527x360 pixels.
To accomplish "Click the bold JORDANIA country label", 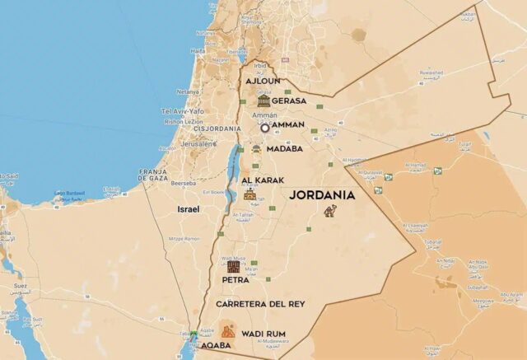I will [322, 195].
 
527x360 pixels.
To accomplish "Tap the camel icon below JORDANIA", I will [330, 212].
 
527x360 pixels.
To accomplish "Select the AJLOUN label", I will [263, 82].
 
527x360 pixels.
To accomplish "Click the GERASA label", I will [289, 101].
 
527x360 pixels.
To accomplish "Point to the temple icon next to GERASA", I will [263, 101].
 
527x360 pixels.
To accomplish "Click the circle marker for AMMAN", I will [265, 128].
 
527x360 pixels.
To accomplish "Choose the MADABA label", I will [284, 149].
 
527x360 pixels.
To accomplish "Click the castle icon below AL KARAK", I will [250, 194].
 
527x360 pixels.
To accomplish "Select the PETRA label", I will [236, 279].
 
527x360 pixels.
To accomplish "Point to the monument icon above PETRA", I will [234, 266].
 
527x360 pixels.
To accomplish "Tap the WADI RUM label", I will [263, 333].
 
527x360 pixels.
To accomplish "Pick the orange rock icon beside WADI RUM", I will [227, 331].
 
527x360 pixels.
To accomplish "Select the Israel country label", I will [188, 209].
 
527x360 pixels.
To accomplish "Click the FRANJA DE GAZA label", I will [154, 174].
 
